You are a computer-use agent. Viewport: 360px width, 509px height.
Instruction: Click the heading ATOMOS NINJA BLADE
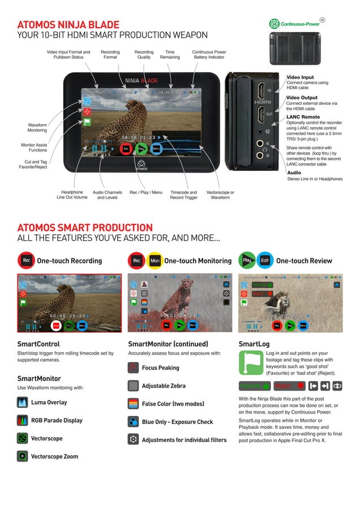point(68,25)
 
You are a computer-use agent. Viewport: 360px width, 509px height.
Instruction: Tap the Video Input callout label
point(300,77)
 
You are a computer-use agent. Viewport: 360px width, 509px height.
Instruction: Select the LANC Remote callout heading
point(303,117)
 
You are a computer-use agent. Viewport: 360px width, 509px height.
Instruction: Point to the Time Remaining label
point(170,54)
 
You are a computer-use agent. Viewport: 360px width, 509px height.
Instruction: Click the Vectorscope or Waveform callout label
point(220,195)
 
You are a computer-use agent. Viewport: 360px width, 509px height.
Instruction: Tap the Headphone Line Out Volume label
point(72,195)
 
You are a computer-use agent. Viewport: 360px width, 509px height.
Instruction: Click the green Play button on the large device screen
point(142,148)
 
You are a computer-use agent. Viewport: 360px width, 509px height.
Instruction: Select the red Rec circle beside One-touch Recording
point(26,261)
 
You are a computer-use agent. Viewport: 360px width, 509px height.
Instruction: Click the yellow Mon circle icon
point(154,261)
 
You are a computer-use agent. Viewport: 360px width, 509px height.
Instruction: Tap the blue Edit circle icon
point(265,261)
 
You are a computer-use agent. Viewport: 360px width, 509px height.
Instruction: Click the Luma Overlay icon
point(23,402)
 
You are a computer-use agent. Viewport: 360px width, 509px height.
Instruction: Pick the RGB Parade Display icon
point(23,420)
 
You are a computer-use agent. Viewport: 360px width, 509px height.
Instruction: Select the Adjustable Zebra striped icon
point(133,386)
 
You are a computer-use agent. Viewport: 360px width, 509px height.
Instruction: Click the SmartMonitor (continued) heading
point(168,344)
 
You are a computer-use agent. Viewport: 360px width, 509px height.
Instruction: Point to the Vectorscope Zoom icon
point(23,456)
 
